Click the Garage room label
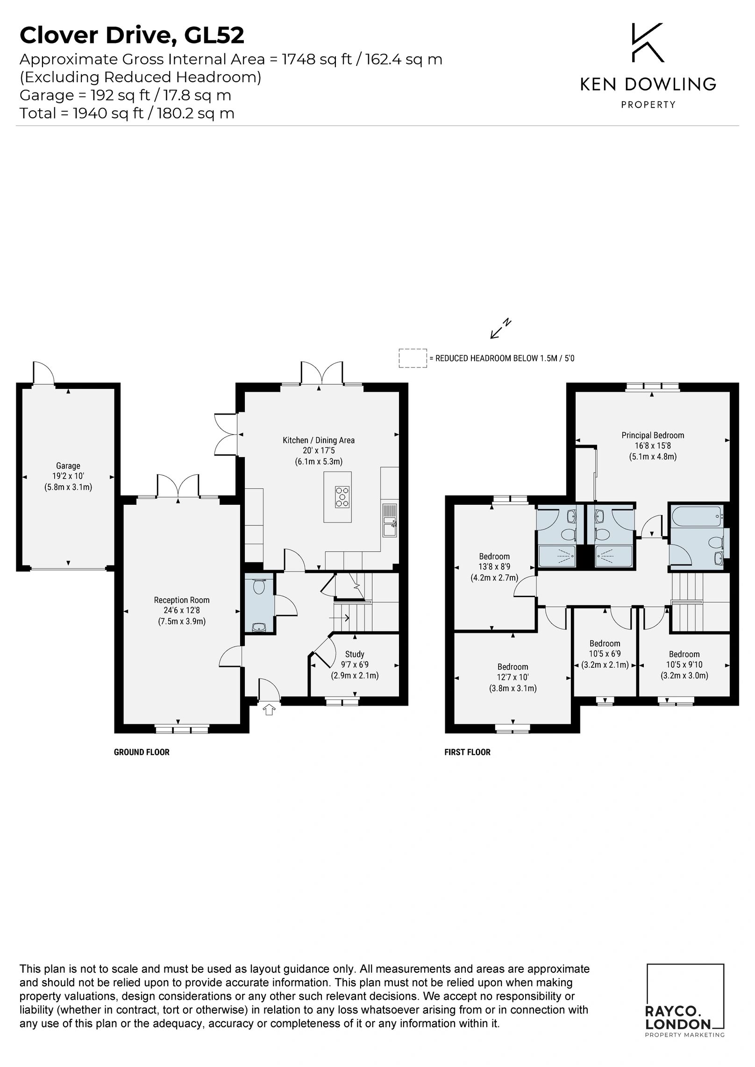[x=68, y=466]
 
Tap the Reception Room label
[x=182, y=600]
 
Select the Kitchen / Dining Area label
[x=319, y=440]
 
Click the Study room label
[x=355, y=654]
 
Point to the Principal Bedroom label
[x=653, y=435]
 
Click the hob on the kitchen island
[x=342, y=496]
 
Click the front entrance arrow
[x=269, y=710]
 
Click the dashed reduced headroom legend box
[x=413, y=358]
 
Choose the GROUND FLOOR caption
[x=142, y=752]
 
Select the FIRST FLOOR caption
[x=467, y=752]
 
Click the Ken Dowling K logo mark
[x=648, y=42]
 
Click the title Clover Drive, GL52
[x=132, y=36]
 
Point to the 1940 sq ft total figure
[x=108, y=113]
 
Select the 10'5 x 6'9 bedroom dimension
[x=605, y=654]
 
